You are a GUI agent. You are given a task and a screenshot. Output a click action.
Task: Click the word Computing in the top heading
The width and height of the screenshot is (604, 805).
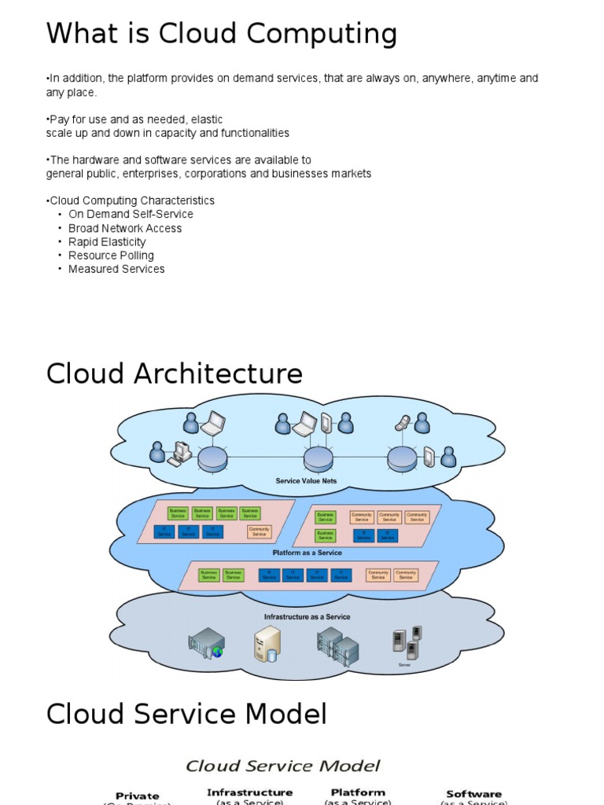click(319, 35)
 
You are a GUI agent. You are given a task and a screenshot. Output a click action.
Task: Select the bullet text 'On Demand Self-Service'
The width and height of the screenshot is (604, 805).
click(131, 214)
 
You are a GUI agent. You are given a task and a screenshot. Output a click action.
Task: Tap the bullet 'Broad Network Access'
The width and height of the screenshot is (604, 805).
click(125, 228)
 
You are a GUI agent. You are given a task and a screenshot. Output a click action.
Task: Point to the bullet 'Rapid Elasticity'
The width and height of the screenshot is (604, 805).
click(107, 242)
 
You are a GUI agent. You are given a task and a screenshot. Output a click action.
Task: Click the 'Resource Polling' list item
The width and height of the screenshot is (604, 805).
click(111, 255)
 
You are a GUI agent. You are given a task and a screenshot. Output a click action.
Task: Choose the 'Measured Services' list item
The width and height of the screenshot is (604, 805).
click(116, 269)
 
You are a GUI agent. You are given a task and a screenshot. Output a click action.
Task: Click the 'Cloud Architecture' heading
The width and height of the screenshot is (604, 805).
click(174, 373)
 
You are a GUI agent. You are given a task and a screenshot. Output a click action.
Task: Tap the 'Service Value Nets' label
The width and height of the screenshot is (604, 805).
click(306, 480)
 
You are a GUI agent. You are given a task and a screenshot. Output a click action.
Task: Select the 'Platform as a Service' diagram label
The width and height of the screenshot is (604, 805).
click(308, 553)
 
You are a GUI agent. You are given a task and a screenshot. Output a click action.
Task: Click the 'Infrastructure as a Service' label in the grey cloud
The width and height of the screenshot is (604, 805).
click(307, 617)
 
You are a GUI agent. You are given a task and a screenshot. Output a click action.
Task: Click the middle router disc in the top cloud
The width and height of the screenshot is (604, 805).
click(319, 458)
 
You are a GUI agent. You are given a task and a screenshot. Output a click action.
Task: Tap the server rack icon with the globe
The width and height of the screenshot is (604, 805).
click(207, 643)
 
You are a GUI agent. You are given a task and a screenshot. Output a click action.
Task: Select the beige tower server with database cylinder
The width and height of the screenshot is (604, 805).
click(267, 644)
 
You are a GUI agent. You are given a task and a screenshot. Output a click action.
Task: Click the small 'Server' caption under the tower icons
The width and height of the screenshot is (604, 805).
click(404, 665)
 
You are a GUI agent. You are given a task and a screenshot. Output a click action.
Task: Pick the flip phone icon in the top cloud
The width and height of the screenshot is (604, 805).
click(402, 423)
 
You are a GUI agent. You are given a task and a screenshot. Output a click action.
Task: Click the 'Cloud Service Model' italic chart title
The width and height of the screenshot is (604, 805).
click(282, 766)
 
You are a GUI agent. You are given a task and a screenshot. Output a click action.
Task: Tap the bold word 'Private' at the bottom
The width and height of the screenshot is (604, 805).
click(138, 796)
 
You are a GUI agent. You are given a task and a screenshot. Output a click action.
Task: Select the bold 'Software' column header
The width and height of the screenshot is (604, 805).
click(473, 794)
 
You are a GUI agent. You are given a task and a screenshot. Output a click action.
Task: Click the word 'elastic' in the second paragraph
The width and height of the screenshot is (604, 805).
click(207, 119)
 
